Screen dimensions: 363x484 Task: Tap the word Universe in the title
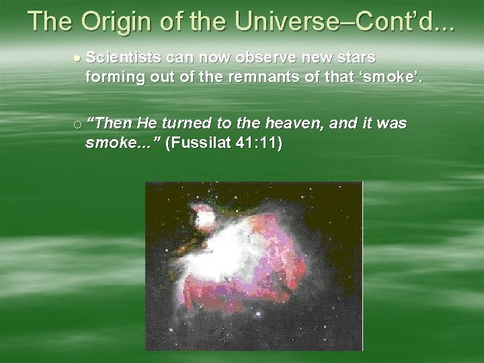pos(276,22)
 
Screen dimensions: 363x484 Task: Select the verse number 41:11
pos(257,144)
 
